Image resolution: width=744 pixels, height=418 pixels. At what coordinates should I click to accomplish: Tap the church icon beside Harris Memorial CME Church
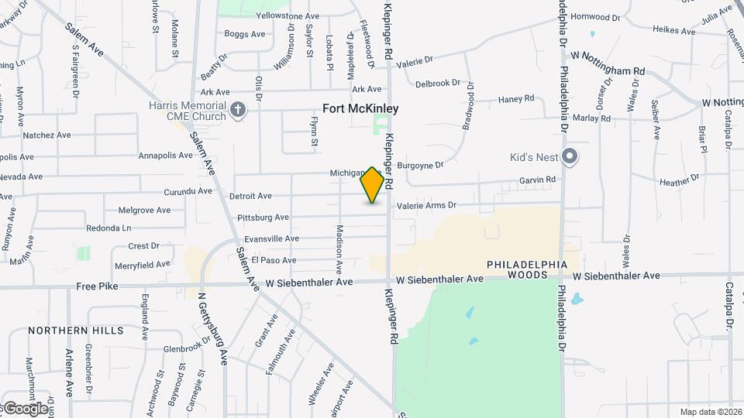[238, 110]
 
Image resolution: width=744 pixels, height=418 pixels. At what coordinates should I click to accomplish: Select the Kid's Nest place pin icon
[570, 157]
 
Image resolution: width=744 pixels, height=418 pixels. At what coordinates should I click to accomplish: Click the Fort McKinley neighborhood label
[360, 108]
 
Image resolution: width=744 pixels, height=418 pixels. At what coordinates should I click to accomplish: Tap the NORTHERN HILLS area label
[76, 331]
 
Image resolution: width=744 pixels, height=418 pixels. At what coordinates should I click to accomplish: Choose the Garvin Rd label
[538, 180]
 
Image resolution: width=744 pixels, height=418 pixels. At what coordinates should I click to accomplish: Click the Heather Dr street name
[679, 183]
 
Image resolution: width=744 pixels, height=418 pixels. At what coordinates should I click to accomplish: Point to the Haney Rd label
[516, 98]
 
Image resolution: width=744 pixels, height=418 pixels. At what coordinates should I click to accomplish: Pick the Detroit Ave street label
[250, 197]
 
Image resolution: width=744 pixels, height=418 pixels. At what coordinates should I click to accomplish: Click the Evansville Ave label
[271, 239]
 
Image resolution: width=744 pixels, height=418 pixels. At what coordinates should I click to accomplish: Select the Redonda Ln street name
[108, 228]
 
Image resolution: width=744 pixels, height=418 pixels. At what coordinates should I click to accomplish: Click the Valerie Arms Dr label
[427, 206]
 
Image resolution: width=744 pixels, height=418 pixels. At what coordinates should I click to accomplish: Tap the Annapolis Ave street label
[165, 156]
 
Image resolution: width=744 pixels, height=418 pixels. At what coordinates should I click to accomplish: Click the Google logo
[25, 408]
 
